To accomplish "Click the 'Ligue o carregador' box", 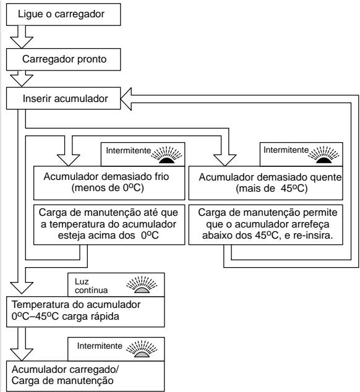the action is coord(63,14).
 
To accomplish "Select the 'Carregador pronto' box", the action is coord(63,59).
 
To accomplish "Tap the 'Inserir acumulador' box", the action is coord(63,98).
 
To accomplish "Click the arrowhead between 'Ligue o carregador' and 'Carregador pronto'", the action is coord(22,42).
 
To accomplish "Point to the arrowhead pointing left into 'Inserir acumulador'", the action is coord(126,99).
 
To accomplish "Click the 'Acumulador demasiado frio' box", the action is coord(109,183).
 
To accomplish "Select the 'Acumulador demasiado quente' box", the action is coord(265,183).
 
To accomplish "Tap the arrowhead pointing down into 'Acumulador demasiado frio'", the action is coord(68,160).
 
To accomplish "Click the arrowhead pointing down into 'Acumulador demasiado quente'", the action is coord(225,160).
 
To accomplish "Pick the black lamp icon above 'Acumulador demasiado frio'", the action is coord(166,155).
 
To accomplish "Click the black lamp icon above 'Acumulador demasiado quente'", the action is coord(324,155).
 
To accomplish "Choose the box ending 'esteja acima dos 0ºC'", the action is coord(109,224).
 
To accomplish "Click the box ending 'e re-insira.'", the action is coord(265,224).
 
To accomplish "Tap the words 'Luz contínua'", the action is coord(91,286).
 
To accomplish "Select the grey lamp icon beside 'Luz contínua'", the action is coord(142,285).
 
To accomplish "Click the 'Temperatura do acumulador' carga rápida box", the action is coord(85,312).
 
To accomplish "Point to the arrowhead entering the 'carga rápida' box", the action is coord(22,288).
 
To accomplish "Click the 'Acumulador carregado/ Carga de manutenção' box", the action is coord(85,376).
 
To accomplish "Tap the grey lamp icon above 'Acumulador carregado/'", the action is coord(142,349).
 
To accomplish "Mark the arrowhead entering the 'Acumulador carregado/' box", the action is coord(22,355).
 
